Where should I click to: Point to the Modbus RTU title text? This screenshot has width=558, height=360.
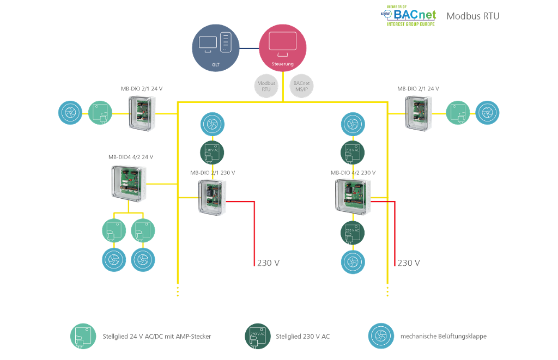coord(472,16)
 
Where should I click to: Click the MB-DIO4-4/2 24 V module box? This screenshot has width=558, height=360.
coord(129,183)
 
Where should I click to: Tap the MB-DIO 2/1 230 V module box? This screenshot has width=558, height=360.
coord(212,196)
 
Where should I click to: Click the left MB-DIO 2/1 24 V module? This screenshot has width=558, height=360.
coord(142,112)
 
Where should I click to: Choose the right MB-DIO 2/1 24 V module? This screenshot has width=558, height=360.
coord(418,113)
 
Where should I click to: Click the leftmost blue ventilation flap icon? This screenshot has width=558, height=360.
coord(70,113)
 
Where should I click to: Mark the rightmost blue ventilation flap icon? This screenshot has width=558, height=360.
coord(487,113)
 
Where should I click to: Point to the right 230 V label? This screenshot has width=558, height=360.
coord(408,263)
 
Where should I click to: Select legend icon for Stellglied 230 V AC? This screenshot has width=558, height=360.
coord(256,336)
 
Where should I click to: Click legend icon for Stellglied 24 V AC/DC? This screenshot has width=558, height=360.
coord(82,336)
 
